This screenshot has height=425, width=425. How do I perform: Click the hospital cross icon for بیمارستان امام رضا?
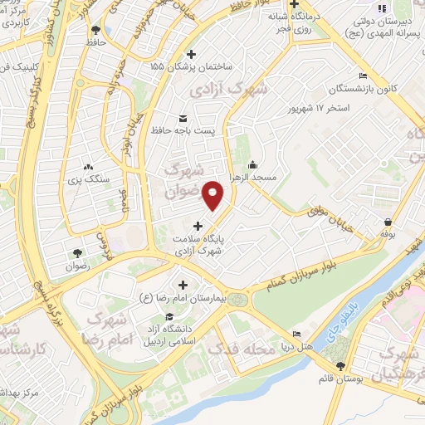tap(182, 285)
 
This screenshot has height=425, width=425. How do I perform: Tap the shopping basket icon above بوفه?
tap(388, 222)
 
